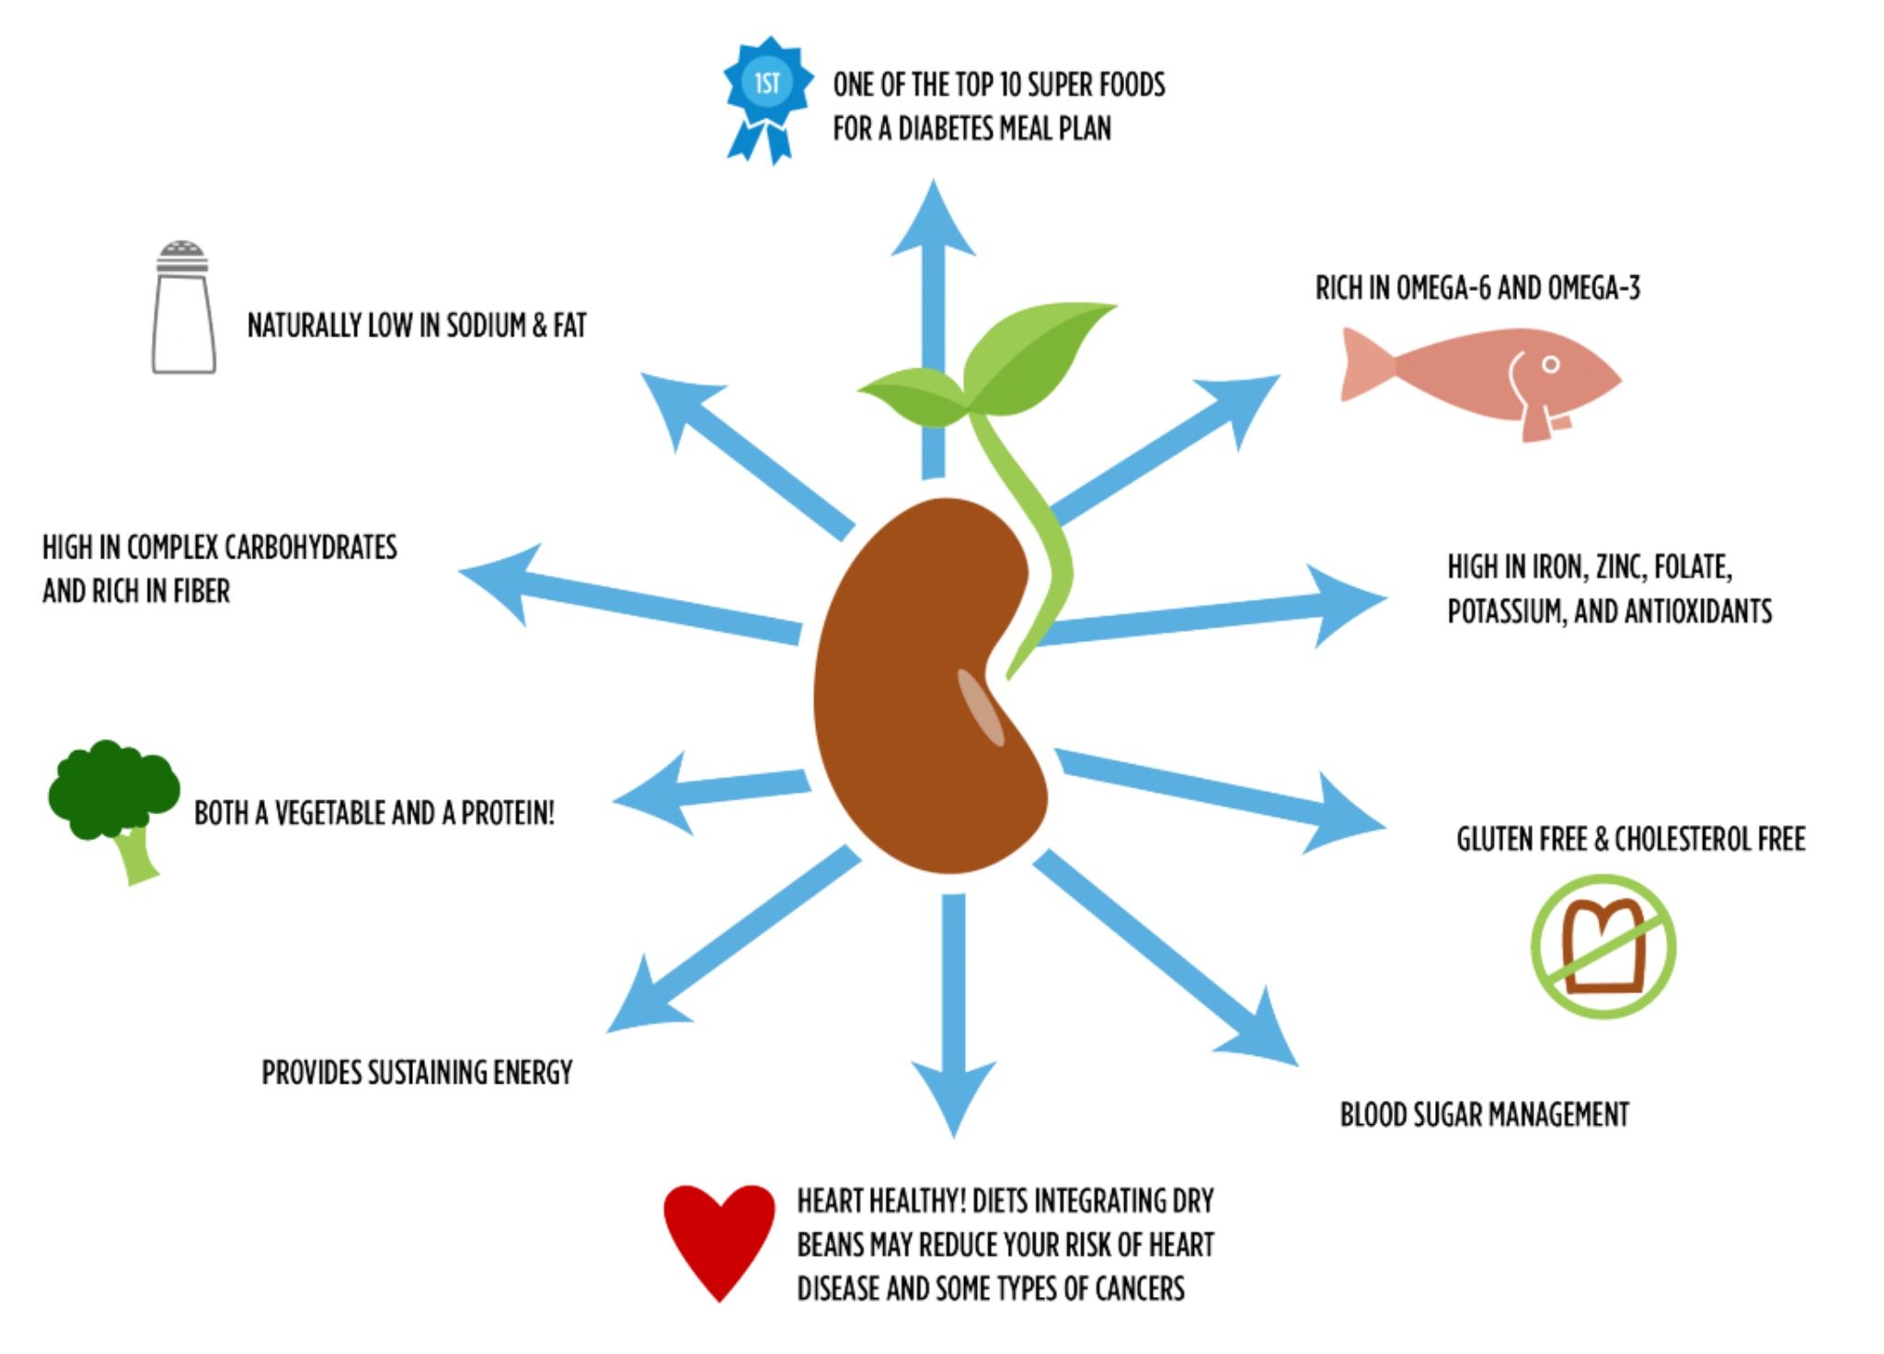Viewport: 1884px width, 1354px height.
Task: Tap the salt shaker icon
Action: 183,310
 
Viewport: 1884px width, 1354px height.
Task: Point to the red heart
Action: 719,1236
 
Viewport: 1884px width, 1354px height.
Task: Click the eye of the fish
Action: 1551,364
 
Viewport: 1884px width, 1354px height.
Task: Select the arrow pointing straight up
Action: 933,322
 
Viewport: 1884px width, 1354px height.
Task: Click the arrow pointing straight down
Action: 954,1012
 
